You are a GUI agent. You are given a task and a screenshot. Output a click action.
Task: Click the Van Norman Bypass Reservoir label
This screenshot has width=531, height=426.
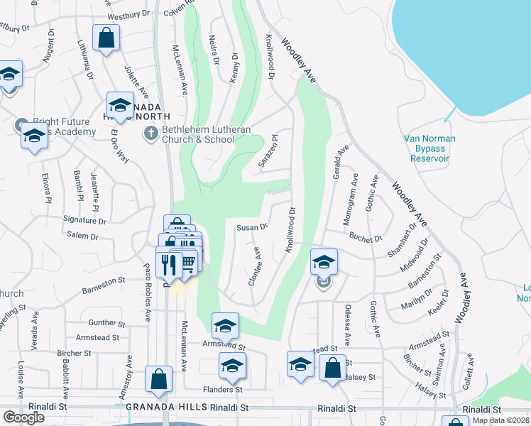tap(429, 148)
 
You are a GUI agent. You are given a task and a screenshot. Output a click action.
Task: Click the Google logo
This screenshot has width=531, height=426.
tap(23, 417)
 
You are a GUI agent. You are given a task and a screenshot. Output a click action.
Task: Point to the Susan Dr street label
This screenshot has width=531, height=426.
tap(252, 228)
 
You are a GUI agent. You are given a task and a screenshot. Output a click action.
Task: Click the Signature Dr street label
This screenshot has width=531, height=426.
tap(84, 221)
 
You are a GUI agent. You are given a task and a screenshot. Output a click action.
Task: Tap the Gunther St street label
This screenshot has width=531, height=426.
tap(107, 322)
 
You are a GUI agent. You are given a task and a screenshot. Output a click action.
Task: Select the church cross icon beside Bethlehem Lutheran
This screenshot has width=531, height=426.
tap(150, 132)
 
